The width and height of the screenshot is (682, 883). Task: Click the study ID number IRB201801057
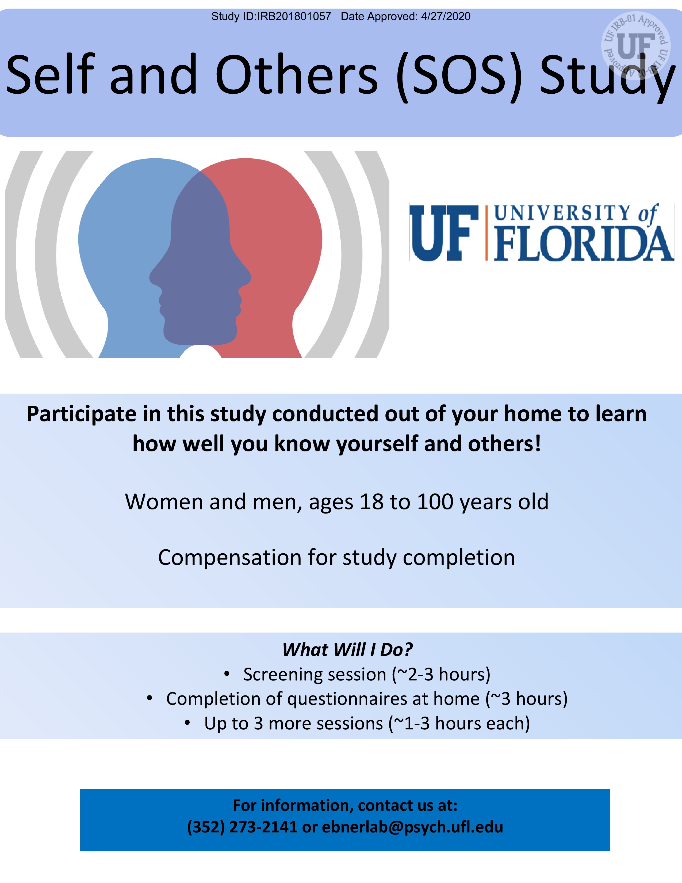click(294, 17)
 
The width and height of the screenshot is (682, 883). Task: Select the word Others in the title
click(297, 75)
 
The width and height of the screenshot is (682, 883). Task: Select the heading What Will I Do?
click(347, 650)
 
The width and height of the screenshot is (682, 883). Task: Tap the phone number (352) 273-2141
click(242, 827)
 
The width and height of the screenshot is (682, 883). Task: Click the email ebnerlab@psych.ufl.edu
click(412, 827)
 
